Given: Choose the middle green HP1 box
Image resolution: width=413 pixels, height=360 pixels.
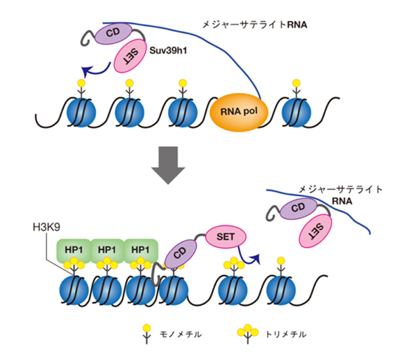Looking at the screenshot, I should coord(107,250).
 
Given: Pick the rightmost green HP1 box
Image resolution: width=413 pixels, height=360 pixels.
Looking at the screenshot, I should coord(141,250).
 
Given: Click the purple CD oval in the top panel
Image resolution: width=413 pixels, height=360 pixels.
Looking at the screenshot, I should coord(112,33).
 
